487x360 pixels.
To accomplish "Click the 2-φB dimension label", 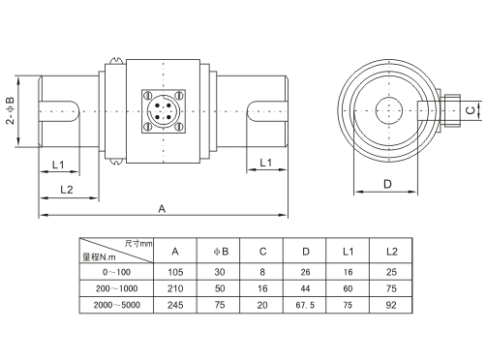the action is [x=10, y=110].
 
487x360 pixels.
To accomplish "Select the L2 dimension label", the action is [x=67, y=190].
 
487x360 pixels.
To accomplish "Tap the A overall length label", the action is [x=162, y=209].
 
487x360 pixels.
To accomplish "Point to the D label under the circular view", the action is [x=387, y=184].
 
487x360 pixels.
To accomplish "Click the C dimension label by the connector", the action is [x=472, y=110].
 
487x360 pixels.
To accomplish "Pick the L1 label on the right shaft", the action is [x=266, y=163].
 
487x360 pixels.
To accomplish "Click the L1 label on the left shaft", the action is [x=58, y=165].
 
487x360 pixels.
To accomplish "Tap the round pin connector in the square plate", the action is [x=164, y=111].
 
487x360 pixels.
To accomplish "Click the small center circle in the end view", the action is [x=389, y=110].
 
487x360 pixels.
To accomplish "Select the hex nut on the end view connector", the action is [x=452, y=110].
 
